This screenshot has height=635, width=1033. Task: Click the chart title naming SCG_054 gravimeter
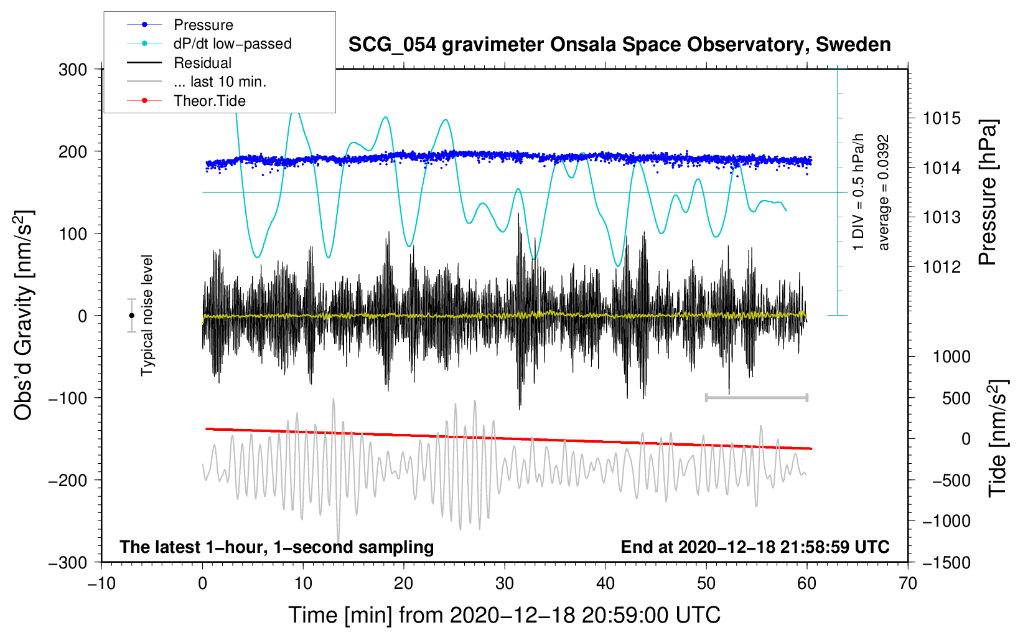[x=619, y=45]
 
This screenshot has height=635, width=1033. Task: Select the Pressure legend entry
[x=180, y=24]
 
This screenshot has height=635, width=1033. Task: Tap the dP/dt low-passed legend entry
[x=209, y=44]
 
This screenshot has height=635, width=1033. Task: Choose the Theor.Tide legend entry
[x=186, y=101]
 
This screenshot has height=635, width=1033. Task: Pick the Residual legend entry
[x=179, y=63]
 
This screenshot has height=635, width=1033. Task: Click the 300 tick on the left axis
[x=73, y=70]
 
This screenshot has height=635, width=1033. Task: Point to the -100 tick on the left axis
[x=68, y=398]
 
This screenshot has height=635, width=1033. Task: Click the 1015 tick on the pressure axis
[x=942, y=119]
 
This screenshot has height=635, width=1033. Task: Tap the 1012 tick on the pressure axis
[x=942, y=266]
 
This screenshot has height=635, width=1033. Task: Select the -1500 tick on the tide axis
[x=947, y=563]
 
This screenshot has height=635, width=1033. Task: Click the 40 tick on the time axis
[x=605, y=584]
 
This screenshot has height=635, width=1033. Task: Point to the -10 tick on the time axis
[x=101, y=584]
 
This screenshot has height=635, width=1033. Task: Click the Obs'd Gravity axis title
[x=24, y=316]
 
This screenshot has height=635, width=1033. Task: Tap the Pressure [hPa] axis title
[x=988, y=192]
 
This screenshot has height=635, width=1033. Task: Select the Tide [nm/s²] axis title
[x=998, y=439]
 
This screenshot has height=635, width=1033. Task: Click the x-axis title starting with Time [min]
[x=505, y=616]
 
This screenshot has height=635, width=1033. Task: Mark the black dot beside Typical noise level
[x=131, y=316]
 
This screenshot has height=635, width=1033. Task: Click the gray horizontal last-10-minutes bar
[x=757, y=397]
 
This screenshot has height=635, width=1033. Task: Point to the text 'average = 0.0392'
[x=883, y=193]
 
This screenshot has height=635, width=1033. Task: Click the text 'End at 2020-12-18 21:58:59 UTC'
[x=755, y=547]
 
